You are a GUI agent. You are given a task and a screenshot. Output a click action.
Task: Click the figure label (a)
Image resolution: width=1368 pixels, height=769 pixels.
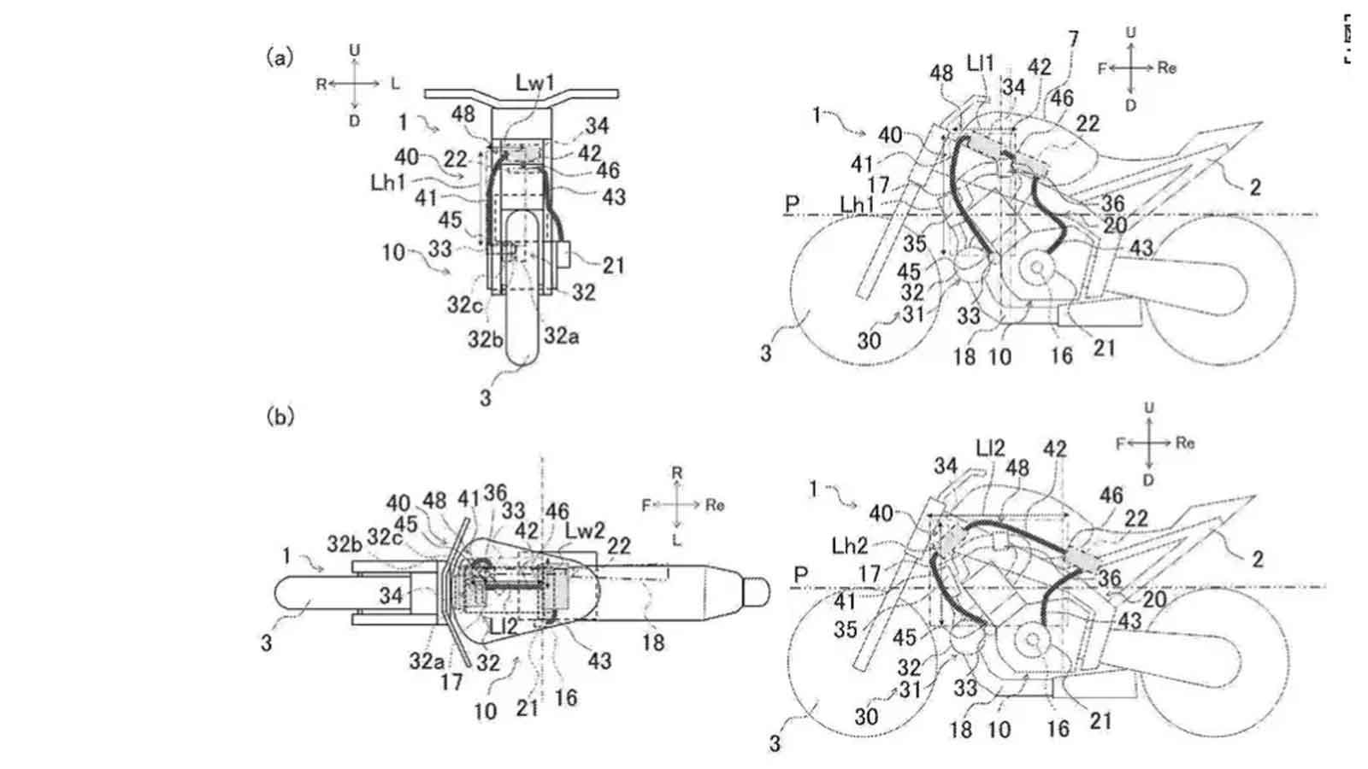pos(280,57)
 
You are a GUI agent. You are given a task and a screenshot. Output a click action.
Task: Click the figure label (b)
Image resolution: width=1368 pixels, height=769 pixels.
pos(280,416)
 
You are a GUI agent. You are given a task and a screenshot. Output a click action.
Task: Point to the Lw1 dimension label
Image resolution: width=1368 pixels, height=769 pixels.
pos(535,82)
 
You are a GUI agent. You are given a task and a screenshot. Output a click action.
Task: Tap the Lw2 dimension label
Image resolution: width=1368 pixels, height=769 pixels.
pos(585,531)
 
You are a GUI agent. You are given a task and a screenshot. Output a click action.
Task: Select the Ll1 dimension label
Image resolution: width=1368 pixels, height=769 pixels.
pos(981,62)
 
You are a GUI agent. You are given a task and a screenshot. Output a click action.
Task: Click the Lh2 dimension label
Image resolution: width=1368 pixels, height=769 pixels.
pos(850,546)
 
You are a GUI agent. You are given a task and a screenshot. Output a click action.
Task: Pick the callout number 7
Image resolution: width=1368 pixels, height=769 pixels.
pos(1073,38)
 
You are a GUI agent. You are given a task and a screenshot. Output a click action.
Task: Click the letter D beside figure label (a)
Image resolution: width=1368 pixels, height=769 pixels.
pos(354,121)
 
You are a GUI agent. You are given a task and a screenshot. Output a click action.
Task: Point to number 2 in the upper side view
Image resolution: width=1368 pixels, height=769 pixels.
pos(1254,187)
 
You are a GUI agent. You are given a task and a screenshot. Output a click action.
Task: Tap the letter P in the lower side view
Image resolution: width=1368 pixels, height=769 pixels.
pos(801,575)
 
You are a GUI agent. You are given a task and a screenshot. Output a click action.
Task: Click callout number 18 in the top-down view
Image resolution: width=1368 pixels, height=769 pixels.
pos(653,642)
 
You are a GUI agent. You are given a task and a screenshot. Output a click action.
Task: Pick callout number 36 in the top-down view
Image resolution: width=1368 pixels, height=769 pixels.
pos(495,493)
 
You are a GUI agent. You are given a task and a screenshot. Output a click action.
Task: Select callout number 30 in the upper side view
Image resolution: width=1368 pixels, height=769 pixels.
pos(869,340)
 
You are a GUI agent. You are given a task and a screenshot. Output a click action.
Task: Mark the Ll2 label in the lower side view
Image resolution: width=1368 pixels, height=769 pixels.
pos(989,448)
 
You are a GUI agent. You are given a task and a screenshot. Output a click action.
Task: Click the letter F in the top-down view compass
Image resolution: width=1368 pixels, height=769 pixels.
pos(646,506)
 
